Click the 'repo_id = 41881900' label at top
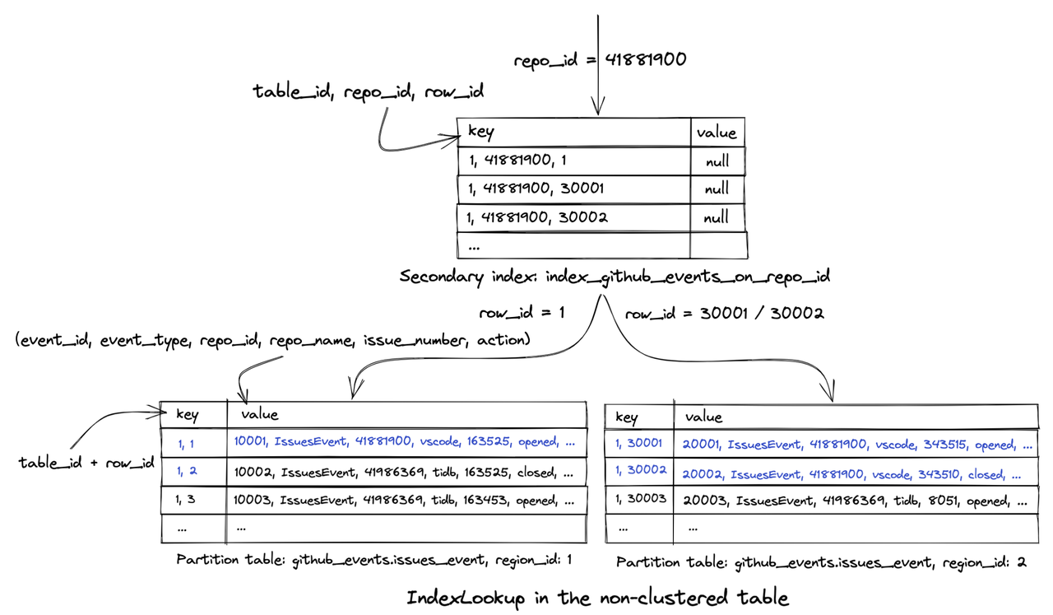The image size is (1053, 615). point(600,60)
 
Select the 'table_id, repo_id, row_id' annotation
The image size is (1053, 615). point(368,91)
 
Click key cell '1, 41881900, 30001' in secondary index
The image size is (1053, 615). point(536,189)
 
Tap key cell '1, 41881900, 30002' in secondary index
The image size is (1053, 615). point(537,217)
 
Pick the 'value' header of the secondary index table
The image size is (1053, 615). point(717,133)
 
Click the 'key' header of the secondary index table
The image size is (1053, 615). point(481,132)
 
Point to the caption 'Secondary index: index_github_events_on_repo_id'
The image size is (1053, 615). point(615,277)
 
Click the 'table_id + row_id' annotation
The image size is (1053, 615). point(86,463)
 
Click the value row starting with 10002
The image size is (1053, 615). point(404,473)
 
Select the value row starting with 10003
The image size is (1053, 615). point(404,501)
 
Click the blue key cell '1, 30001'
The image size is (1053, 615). point(638,444)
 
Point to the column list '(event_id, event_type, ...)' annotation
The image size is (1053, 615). point(271,339)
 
